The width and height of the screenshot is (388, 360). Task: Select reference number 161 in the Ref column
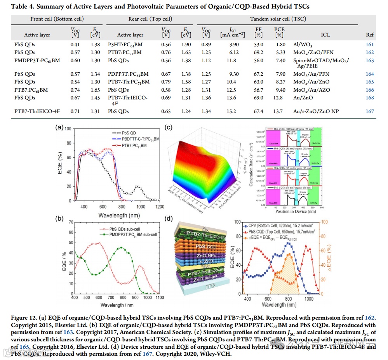coord(369,45)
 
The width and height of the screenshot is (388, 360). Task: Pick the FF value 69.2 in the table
coord(258,52)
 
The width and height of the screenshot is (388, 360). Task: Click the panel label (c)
coord(168,127)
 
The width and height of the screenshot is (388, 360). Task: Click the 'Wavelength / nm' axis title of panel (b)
coord(116,305)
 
